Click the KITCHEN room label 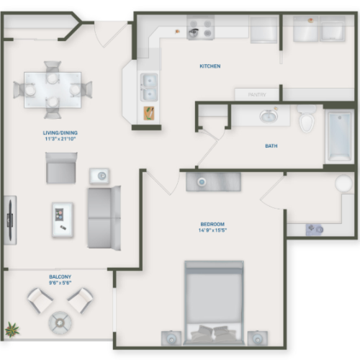pos(210,66)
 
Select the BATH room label pos(271,146)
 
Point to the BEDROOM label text pos(212,224)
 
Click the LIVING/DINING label pos(60,132)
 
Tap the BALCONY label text pos(60,277)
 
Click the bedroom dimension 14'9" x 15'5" pos(212,231)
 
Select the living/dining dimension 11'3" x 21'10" pos(60,139)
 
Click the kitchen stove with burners pos(201,29)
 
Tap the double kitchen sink pos(150,86)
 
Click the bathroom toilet pos(307,119)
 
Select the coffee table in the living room pos(63,220)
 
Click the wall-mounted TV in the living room pos(10,220)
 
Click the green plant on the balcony pos(11,330)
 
